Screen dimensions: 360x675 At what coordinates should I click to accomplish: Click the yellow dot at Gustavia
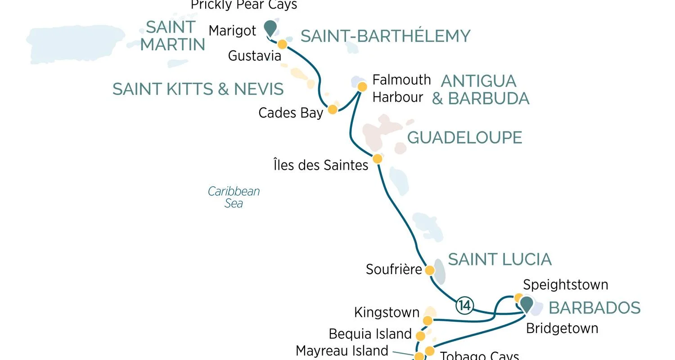[282, 44]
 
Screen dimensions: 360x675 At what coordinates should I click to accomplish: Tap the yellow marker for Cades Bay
[333, 109]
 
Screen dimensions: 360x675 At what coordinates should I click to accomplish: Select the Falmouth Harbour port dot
[362, 86]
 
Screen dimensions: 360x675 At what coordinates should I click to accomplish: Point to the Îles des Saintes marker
[378, 159]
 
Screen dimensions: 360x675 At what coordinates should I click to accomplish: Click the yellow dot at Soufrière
[430, 270]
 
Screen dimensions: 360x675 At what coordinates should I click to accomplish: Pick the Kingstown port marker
[427, 320]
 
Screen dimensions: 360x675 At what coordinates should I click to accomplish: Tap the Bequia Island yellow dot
[420, 336]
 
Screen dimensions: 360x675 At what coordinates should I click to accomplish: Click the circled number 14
[464, 306]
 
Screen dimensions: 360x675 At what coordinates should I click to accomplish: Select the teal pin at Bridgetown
[526, 304]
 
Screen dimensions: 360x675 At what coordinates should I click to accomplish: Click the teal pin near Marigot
[270, 27]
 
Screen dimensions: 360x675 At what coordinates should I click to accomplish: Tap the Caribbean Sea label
[234, 197]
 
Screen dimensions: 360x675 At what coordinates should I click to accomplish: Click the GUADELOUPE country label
[464, 138]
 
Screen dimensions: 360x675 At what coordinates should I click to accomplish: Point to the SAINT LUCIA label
[499, 260]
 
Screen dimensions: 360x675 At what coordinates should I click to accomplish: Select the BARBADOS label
[594, 308]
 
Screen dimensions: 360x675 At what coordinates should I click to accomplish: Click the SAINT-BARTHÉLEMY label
[385, 36]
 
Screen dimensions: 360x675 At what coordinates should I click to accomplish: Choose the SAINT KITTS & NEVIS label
[198, 89]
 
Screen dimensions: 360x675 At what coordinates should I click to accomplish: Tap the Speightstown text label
[565, 285]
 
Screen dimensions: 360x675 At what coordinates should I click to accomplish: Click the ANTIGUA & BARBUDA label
[480, 90]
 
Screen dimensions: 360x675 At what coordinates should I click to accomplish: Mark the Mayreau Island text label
[342, 351]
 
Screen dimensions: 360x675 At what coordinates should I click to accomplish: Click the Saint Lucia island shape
[440, 271]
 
